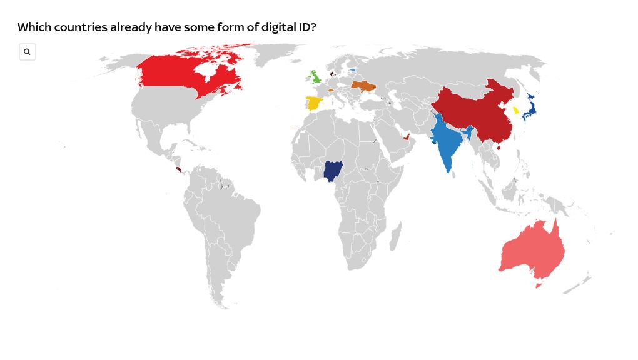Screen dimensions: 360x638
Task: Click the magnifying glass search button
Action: [27, 52]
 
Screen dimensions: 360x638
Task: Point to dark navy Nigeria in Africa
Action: [333, 171]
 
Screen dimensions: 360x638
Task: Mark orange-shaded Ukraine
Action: [363, 85]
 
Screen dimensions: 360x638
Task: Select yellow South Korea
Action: [516, 110]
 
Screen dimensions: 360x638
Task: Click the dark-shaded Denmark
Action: [331, 73]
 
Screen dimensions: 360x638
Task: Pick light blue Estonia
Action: [353, 69]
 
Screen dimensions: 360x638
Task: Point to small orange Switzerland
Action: [330, 90]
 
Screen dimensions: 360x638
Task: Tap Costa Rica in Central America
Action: [180, 169]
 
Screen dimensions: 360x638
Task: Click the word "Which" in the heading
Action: [33, 27]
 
